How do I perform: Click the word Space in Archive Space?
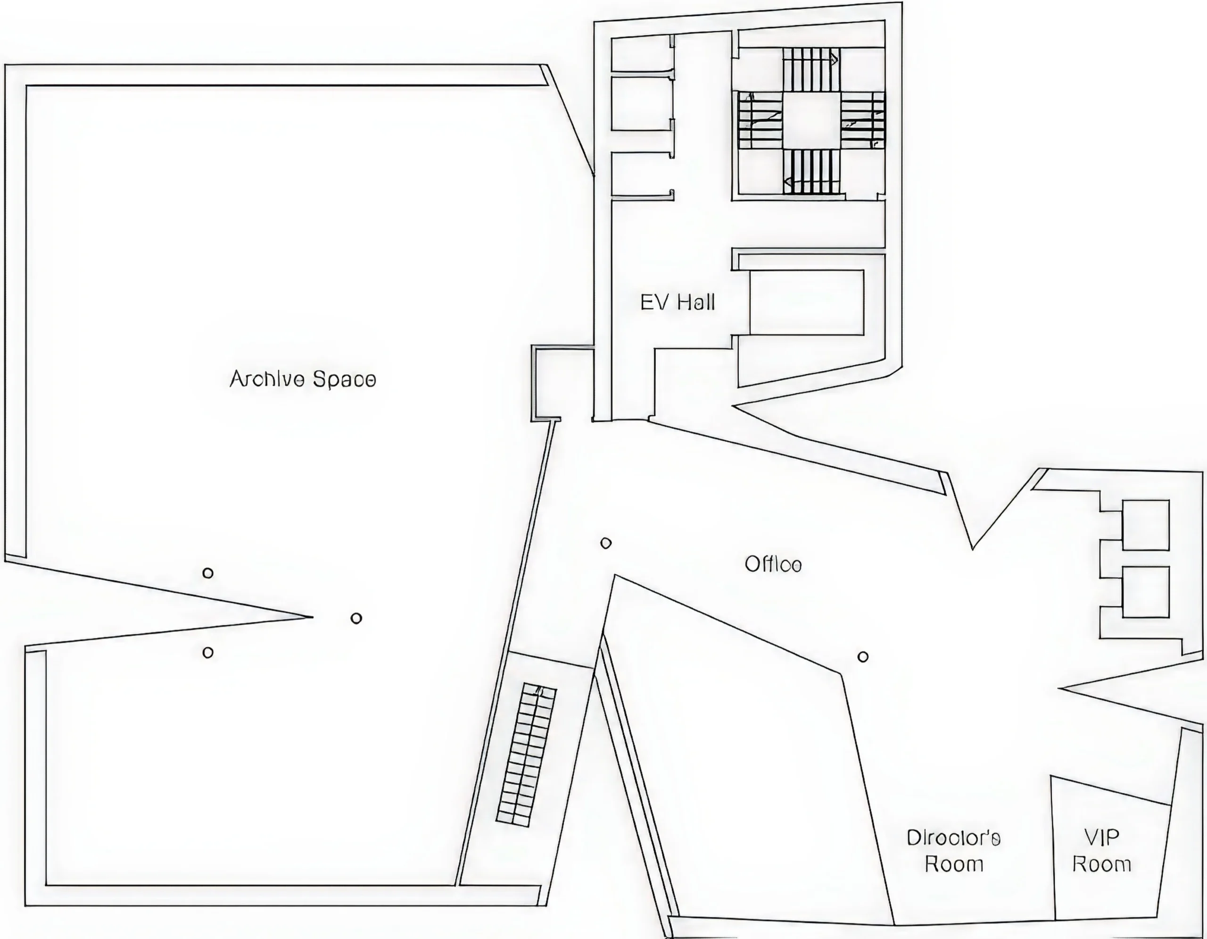344,380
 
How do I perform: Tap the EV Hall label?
678,302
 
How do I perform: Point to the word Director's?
953,838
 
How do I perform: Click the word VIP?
1101,838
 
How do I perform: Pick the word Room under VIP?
1101,864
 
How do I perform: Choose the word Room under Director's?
954,864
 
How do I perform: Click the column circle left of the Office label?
606,543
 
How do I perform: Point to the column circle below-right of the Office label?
863,657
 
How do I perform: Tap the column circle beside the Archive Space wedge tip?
356,618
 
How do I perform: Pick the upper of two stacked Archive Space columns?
208,573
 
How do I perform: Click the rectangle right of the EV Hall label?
806,302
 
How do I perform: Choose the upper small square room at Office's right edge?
1145,525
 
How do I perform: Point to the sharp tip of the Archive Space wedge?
312,617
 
